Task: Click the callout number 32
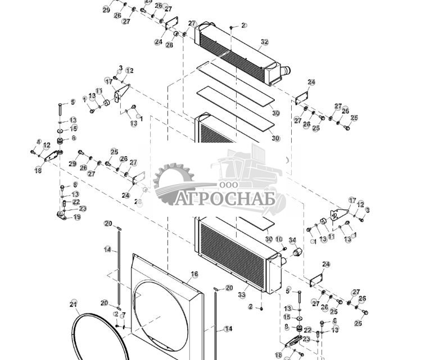265,42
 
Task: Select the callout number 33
242,294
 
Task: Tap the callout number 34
292,240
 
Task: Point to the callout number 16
194,274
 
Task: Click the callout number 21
73,304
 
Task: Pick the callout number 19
77,217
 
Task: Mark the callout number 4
39,142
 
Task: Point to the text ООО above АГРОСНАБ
229,185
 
